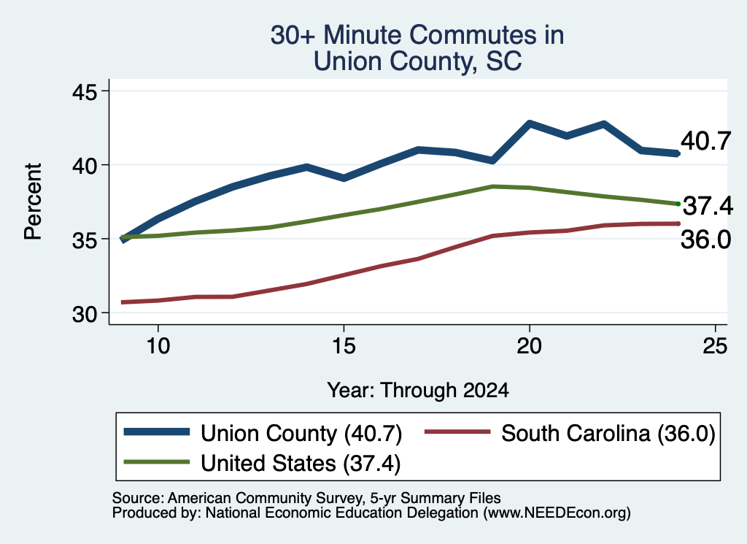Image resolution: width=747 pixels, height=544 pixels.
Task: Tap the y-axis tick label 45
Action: pos(85,91)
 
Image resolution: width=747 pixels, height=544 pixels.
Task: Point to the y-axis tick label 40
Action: pos(85,166)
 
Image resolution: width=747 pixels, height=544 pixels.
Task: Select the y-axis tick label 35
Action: pos(85,240)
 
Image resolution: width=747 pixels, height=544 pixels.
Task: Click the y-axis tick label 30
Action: pos(85,314)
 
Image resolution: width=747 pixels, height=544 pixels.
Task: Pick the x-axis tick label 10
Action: pos(158,345)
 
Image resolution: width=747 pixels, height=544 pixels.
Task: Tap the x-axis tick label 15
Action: pos(344,345)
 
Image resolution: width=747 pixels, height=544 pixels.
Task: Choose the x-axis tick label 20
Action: pos(530,345)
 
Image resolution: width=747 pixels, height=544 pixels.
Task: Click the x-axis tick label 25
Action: pos(715,345)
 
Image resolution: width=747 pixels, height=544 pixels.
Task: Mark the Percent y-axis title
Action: pos(34,202)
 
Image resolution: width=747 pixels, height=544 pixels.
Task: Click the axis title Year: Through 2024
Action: pos(418,390)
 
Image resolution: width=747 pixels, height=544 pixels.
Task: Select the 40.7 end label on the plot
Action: pos(705,141)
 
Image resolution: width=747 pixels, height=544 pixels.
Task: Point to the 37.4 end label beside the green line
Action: pos(708,206)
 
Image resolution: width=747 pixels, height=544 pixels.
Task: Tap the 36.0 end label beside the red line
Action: pos(705,240)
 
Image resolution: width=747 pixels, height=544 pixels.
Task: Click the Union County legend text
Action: pos(301,434)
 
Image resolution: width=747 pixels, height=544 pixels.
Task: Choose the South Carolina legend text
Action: pos(608,434)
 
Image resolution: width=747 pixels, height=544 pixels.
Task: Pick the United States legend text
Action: pos(301,463)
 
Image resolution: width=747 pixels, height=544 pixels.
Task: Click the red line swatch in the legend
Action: pos(457,432)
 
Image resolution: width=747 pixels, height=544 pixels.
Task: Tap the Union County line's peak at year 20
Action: pos(530,123)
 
